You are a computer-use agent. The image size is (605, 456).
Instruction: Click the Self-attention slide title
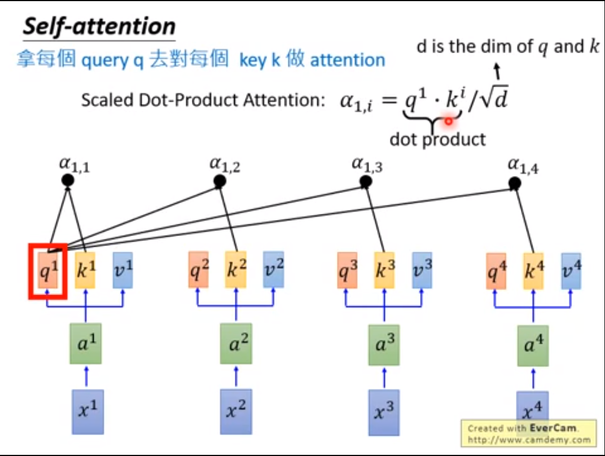pyautogui.click(x=99, y=27)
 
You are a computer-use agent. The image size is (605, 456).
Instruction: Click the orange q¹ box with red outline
pyautogui.click(x=48, y=271)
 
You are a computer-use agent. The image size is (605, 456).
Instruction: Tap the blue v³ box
pyautogui.click(x=422, y=270)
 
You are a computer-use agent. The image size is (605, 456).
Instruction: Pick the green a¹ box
pyautogui.click(x=86, y=343)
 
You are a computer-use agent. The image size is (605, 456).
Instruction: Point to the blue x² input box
pyautogui.click(x=235, y=411)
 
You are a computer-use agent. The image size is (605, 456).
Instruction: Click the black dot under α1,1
pyautogui.click(x=68, y=181)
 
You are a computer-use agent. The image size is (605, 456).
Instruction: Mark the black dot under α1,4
pyautogui.click(x=514, y=183)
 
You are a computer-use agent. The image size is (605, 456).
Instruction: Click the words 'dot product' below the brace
pyautogui.click(x=437, y=139)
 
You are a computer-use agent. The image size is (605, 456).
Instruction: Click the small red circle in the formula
pyautogui.click(x=449, y=120)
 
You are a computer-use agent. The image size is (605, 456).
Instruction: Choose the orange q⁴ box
pyautogui.click(x=497, y=271)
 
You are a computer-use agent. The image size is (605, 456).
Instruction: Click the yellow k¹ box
pyautogui.click(x=86, y=270)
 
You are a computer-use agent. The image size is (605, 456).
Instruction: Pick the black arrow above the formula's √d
pyautogui.click(x=497, y=70)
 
